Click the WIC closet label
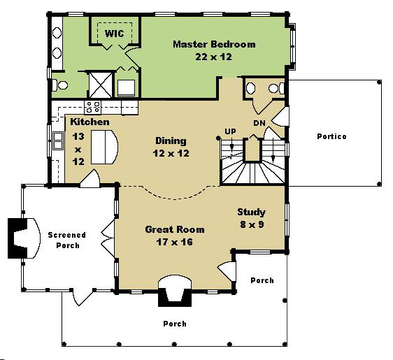click(114, 34)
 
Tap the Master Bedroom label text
click(214, 44)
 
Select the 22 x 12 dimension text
click(213, 57)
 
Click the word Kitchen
click(90, 122)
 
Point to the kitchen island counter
click(104, 147)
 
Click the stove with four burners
click(93, 107)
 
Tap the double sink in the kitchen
click(58, 141)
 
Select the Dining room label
click(171, 141)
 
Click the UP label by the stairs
click(230, 131)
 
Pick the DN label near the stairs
click(259, 123)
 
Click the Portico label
click(332, 136)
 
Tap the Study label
click(251, 213)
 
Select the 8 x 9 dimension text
click(252, 224)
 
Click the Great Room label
click(175, 229)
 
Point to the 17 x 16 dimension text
click(175, 242)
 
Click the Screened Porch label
click(67, 240)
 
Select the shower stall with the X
click(101, 85)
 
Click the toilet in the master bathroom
click(60, 85)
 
